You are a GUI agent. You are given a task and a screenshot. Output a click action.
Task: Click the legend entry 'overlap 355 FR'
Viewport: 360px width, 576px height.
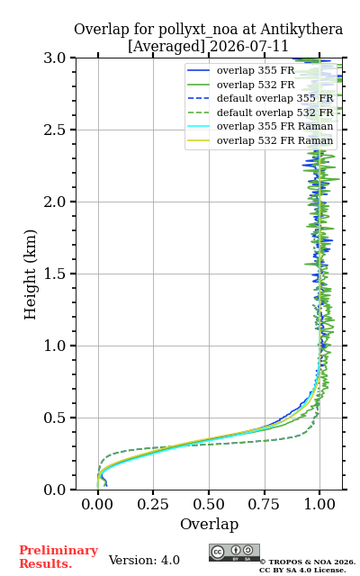[x=241, y=70]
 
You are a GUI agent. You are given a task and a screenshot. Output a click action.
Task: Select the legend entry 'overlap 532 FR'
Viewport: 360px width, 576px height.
[x=241, y=85]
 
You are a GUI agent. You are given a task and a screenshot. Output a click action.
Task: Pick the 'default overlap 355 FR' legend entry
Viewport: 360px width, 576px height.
[x=260, y=98]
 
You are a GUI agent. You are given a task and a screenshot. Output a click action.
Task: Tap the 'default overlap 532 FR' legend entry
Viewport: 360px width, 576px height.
[x=260, y=112]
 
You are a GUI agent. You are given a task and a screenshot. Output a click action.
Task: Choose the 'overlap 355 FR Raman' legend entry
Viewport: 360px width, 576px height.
[x=260, y=126]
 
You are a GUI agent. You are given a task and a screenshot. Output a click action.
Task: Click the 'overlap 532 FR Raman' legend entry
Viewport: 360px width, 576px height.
[x=260, y=140]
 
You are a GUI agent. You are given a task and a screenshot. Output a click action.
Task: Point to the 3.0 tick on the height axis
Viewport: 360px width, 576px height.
[x=54, y=58]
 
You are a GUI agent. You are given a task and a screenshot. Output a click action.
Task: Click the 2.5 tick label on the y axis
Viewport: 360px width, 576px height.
[x=54, y=130]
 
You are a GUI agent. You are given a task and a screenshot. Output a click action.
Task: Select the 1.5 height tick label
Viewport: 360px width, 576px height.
[x=54, y=274]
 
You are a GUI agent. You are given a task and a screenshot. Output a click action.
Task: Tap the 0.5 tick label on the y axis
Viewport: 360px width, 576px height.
[x=54, y=418]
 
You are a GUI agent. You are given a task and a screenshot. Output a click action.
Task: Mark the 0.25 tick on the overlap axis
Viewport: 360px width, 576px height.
[x=153, y=504]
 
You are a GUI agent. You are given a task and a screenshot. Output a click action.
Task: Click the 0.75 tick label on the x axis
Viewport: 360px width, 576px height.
[x=264, y=504]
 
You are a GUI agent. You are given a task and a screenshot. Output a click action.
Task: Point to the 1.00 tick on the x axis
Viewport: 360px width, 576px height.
[x=319, y=504]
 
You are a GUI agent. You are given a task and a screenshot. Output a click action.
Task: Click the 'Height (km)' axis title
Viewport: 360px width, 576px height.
[x=31, y=274]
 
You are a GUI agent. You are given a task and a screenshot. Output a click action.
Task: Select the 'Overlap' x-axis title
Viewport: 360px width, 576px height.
[x=210, y=524]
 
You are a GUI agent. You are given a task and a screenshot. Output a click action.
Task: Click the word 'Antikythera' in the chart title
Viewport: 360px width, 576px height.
[x=301, y=30]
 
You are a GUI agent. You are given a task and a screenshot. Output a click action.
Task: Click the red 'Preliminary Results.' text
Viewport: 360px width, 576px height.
[x=58, y=557]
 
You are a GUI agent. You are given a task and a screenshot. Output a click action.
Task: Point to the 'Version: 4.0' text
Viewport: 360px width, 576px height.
[x=144, y=560]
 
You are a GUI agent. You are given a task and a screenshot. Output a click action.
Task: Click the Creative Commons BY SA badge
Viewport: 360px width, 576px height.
[x=234, y=553]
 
